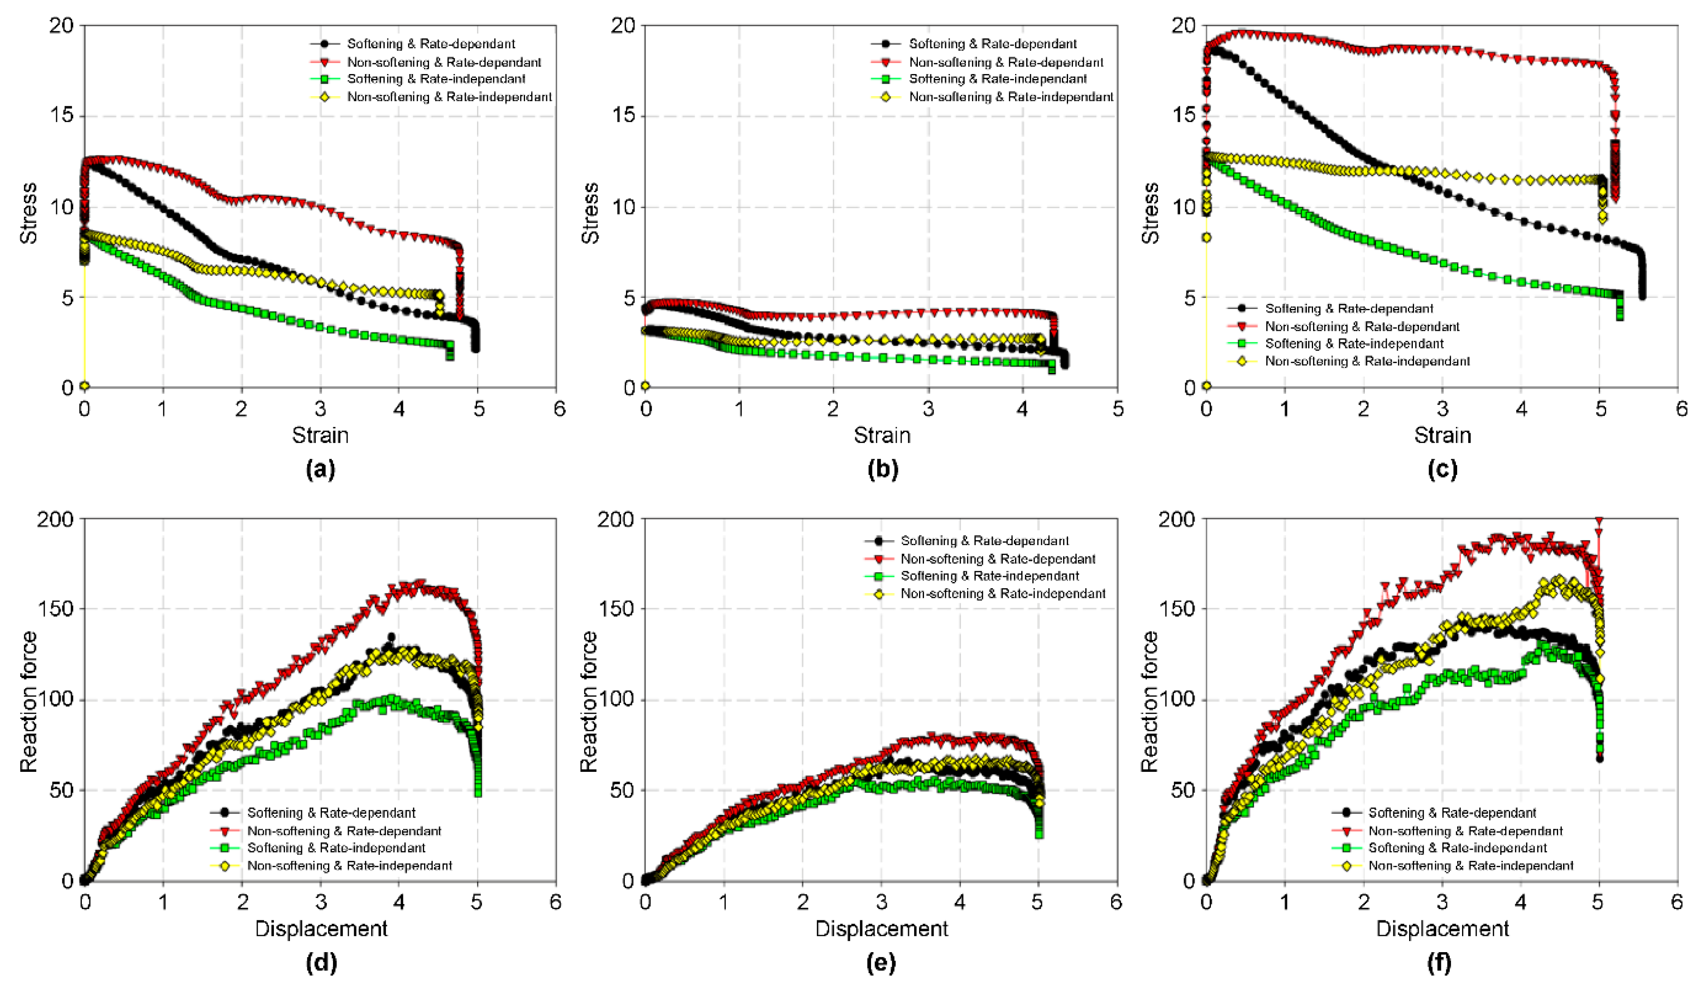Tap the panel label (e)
point(881,962)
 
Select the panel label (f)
point(1442,962)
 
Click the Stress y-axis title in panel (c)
point(1149,213)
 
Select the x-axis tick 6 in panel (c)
point(1681,409)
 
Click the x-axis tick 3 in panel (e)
point(880,902)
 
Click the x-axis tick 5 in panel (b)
point(1118,409)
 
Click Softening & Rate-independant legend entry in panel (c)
point(1354,343)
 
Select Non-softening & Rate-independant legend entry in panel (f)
point(1471,866)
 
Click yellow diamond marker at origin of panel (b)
point(646,386)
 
